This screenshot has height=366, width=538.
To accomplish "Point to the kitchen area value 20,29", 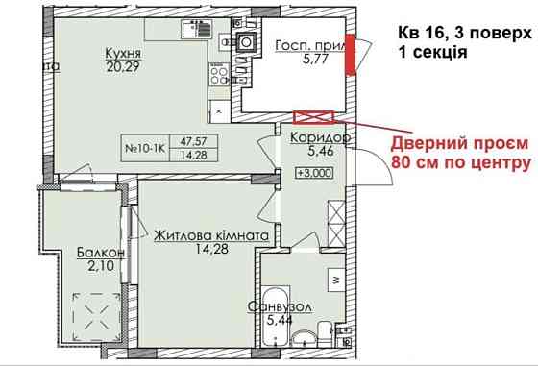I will [x=124, y=67].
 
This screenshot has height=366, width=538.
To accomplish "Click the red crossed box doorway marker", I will [x=313, y=117].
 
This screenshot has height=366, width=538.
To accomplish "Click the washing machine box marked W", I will [x=334, y=281].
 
